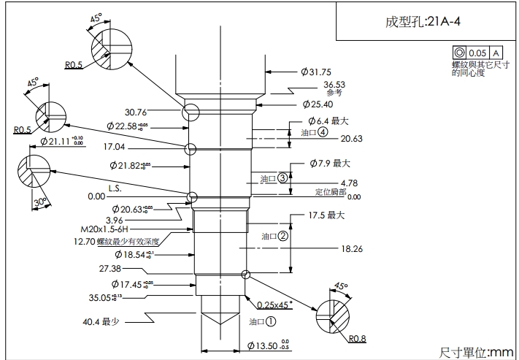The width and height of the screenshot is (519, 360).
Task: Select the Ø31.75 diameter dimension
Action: pyautogui.click(x=316, y=72)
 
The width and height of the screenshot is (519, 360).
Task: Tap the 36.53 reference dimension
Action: pyautogui.click(x=334, y=85)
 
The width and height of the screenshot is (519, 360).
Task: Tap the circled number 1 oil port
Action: pyautogui.click(x=270, y=321)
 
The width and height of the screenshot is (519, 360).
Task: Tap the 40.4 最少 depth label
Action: pyautogui.click(x=101, y=321)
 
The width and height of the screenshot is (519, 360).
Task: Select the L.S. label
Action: pyautogui.click(x=115, y=188)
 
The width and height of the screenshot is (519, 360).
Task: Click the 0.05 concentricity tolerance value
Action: pyautogui.click(x=478, y=53)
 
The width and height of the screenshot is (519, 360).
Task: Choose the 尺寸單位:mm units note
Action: pyautogui.click(x=477, y=351)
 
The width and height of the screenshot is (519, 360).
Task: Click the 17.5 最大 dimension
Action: pyautogui.click(x=326, y=215)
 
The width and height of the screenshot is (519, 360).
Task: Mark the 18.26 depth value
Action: pyautogui.click(x=353, y=249)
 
